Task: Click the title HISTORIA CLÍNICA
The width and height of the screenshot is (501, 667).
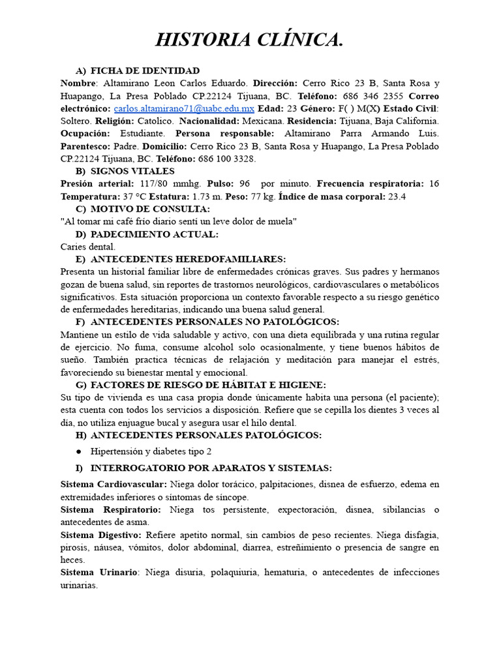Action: point(249,40)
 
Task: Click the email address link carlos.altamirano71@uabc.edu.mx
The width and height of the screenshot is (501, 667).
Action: point(185,109)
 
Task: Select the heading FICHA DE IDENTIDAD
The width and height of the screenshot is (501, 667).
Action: point(145,71)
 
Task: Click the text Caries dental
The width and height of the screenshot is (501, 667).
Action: point(87,246)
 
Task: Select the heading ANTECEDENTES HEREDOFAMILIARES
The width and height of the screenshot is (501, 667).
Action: point(188,259)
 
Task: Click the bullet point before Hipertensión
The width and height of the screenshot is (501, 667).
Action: point(79,451)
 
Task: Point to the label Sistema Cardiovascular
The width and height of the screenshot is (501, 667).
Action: point(114,484)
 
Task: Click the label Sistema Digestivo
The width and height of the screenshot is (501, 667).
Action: point(101,534)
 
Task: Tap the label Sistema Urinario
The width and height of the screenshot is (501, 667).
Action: point(99,572)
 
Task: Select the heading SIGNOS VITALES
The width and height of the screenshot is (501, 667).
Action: point(132,171)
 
